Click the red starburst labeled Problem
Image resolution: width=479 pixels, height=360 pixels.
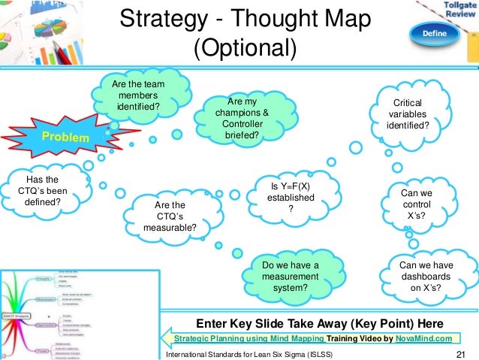[64, 138]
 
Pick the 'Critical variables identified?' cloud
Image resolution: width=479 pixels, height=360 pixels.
[408, 113]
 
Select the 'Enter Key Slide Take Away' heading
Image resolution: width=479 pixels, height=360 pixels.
[318, 323]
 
